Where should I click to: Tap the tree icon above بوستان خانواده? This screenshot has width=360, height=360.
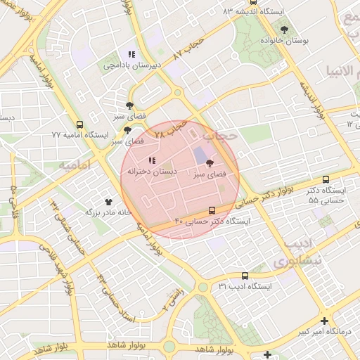pyautogui.click(x=284, y=29)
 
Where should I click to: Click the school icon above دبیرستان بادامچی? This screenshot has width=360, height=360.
pyautogui.click(x=131, y=53)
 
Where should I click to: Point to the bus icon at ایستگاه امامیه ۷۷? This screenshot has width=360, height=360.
pyautogui.click(x=79, y=124)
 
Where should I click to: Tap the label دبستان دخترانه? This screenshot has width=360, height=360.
pyautogui.click(x=151, y=172)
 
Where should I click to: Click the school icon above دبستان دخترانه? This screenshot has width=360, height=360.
pyautogui.click(x=152, y=161)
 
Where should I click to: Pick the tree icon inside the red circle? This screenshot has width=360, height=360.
pyautogui.click(x=210, y=162)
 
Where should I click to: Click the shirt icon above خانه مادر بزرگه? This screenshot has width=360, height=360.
pyautogui.click(x=108, y=202)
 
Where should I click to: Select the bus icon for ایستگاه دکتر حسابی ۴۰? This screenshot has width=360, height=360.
pyautogui.click(x=212, y=210)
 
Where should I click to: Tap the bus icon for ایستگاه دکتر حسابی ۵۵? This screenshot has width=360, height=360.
pyautogui.click(x=325, y=180)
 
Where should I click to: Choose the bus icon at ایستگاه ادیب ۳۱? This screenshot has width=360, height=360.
pyautogui.click(x=245, y=276)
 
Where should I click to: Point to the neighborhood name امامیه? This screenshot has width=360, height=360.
pyautogui.click(x=76, y=165)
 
